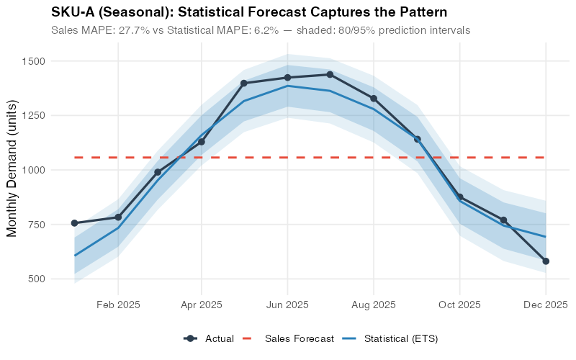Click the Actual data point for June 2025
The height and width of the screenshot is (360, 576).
[287, 78]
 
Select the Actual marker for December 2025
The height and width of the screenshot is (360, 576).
[546, 261]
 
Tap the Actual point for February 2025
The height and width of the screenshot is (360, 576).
[118, 217]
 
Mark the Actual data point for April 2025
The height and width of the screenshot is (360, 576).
[202, 142]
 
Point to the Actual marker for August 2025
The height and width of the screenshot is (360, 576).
[374, 99]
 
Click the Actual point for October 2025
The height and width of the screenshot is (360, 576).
[459, 197]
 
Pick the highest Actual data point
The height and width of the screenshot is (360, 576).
[330, 74]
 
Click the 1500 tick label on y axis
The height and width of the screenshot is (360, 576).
[33, 61]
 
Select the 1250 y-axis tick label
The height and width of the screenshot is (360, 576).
[33, 116]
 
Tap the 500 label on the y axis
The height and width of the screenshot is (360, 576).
[36, 279]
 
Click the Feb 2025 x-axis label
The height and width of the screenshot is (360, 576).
[118, 305]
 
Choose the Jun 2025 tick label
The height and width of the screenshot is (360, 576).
[287, 305]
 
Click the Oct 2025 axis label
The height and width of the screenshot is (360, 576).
[459, 305]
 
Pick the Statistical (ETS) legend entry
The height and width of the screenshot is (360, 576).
[400, 338]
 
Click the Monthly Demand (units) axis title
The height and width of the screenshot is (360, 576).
[12, 170]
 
